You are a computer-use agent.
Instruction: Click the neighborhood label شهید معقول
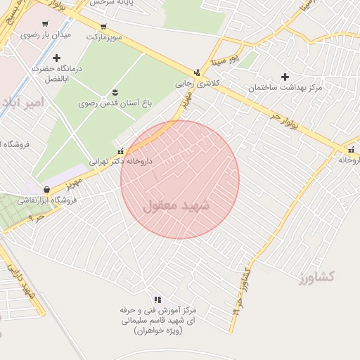pos(176,206)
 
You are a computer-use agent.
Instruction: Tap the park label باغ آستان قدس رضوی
pos(115,103)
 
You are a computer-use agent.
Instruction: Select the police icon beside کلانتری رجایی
pos(197,72)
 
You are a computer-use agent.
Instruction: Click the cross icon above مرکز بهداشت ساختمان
pos(285,77)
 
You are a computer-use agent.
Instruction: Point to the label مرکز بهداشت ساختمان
pos(285,88)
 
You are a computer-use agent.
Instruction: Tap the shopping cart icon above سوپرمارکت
pos(103,26)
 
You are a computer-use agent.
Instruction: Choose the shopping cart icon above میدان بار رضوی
pos(46,23)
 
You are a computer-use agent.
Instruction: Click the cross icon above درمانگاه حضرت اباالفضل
pos(57,57)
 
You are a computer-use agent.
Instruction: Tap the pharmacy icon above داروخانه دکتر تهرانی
pos(122,150)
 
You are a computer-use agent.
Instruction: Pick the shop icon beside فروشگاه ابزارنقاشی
pos(46,189)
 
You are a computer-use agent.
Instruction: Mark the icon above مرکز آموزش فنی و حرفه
pos(157,299)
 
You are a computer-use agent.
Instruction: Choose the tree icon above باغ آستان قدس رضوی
pos(115,93)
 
